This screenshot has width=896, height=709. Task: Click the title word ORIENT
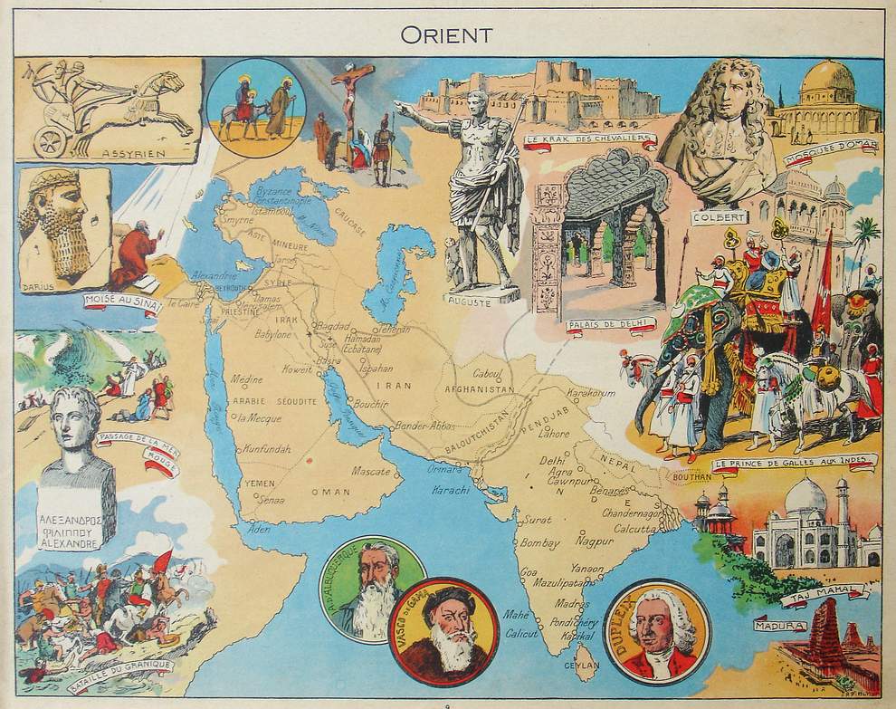tap(447, 35)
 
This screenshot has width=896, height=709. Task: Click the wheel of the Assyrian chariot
tap(51, 141)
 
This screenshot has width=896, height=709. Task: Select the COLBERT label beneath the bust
tap(720, 218)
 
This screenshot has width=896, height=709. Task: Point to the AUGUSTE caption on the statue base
tap(470, 302)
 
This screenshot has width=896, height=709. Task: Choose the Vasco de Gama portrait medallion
tap(443, 632)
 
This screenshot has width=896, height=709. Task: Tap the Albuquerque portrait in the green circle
tap(372, 589)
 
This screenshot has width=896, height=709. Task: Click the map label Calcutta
tap(634, 529)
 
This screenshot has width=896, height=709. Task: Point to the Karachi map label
tap(451, 490)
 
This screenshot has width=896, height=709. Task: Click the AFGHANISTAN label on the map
tap(479, 390)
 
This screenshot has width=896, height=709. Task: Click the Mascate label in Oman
tap(370, 472)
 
